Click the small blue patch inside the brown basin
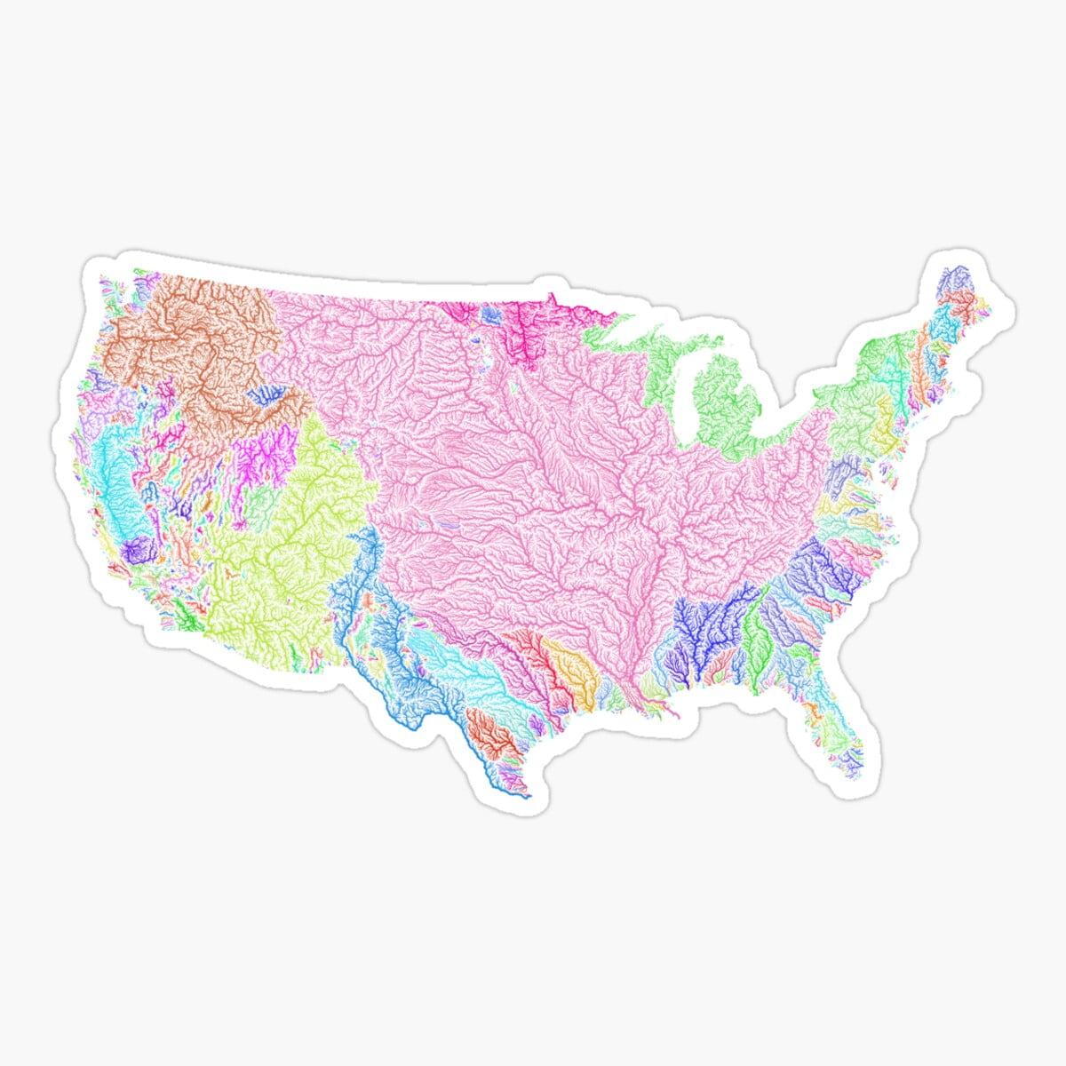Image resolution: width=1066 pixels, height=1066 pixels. [266, 395]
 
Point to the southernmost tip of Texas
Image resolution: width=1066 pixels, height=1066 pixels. [527, 796]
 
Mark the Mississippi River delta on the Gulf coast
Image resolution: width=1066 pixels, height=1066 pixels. [662, 706]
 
